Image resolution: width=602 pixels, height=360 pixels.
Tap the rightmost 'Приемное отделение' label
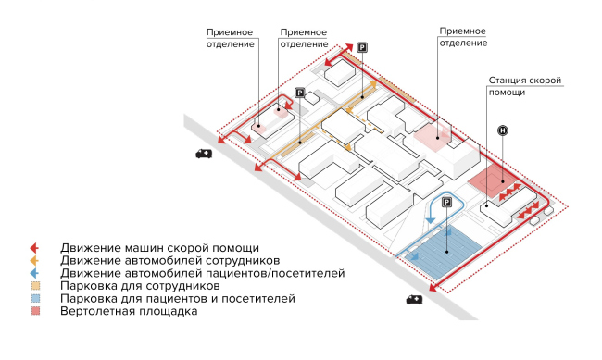[464, 37]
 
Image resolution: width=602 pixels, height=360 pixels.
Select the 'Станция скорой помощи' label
[525, 87]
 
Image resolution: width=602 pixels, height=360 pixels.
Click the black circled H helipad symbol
[503, 131]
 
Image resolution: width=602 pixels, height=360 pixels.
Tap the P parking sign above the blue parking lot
[446, 203]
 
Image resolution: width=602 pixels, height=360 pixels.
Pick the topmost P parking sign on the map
[362, 47]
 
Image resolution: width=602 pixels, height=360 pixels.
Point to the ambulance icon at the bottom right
[414, 299]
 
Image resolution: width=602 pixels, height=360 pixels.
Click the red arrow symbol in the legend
[33, 248]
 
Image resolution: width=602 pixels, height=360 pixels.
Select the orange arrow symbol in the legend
[33, 261]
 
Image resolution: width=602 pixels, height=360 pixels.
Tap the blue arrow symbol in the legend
[33, 274]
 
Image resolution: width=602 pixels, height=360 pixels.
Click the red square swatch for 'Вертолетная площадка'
[33, 313]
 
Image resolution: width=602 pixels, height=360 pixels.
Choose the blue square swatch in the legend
[33, 300]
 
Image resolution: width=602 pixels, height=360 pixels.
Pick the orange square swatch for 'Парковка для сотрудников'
[33, 287]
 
